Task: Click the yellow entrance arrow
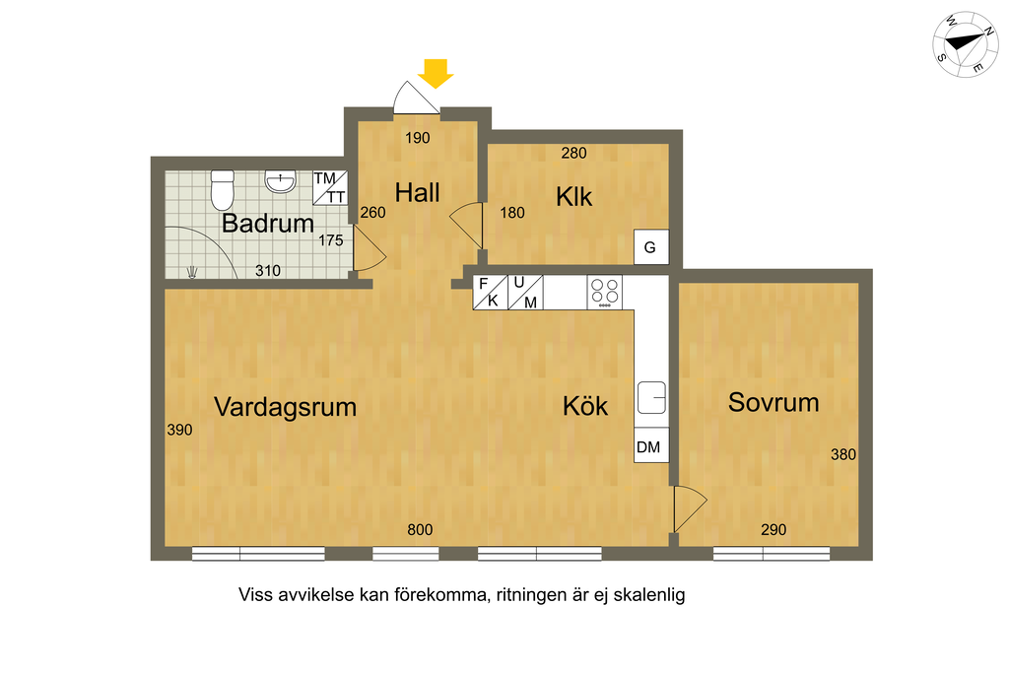[x=436, y=73]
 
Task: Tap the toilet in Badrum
[x=222, y=190]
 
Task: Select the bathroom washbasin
[x=280, y=181]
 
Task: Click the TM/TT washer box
[x=330, y=188]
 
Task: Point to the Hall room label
[x=417, y=192]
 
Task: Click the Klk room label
[x=573, y=196]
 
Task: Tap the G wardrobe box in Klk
[x=651, y=247]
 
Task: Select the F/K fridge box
[x=490, y=292]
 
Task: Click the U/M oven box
[x=525, y=292]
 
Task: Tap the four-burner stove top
[x=605, y=292]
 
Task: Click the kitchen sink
[x=651, y=398]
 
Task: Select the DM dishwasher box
[x=651, y=445]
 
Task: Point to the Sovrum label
[x=774, y=402]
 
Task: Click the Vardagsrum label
[x=285, y=407]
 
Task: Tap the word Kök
[x=585, y=405]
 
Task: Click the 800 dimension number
[x=420, y=529]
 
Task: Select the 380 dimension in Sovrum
[x=843, y=454]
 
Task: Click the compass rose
[x=966, y=44]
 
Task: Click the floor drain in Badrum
[x=192, y=272]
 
